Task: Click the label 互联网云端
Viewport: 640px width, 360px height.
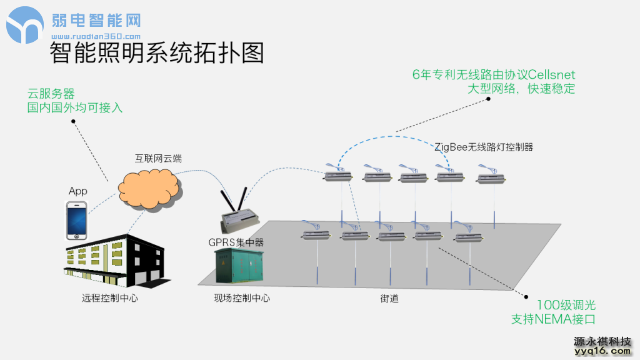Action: (x=159, y=159)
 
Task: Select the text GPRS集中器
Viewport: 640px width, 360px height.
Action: (x=236, y=241)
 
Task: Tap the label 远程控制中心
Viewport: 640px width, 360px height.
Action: (x=110, y=299)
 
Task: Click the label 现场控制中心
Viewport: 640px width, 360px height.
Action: (x=242, y=299)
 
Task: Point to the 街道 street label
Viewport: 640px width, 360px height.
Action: (x=389, y=299)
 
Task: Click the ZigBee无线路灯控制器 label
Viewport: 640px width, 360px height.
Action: (x=484, y=147)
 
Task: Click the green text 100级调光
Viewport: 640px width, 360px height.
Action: (x=566, y=306)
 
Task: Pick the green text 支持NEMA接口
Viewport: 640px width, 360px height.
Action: (x=553, y=319)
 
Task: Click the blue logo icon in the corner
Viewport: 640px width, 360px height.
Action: (x=25, y=25)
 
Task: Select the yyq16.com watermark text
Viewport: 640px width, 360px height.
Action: (x=602, y=351)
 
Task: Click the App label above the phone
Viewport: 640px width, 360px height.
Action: (x=78, y=191)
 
